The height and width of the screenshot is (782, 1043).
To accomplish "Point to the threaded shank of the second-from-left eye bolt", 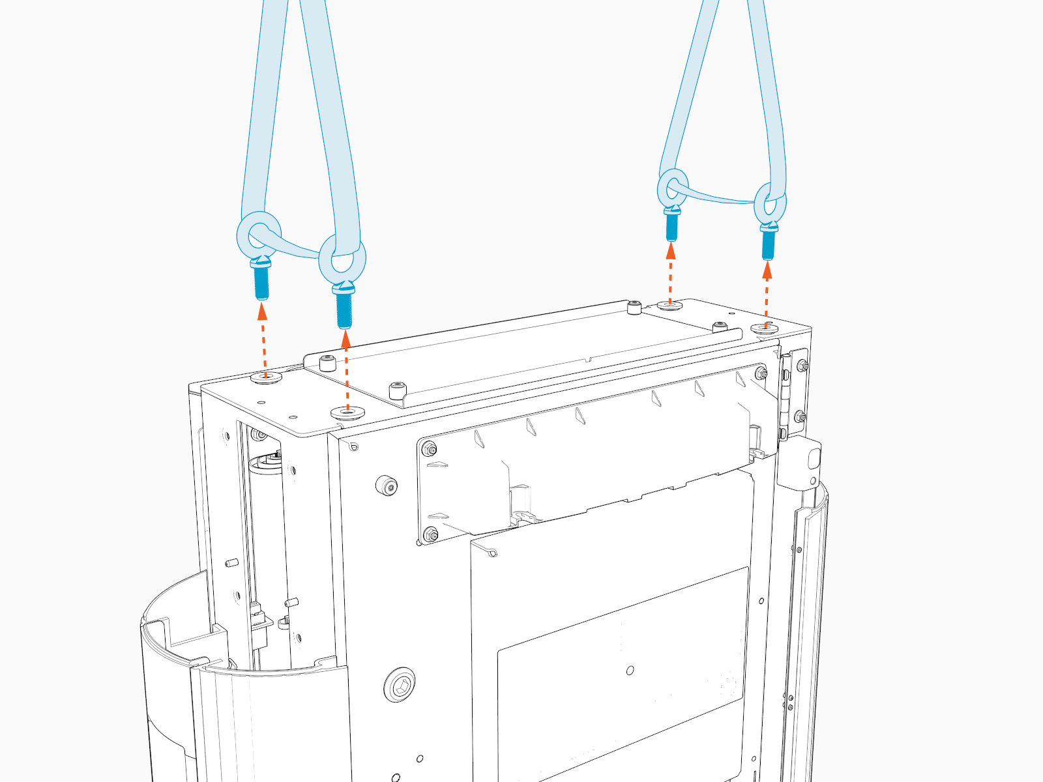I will click(344, 310).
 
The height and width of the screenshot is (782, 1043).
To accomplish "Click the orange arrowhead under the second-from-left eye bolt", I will click(345, 338).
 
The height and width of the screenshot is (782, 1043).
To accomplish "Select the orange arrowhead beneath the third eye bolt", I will click(671, 250).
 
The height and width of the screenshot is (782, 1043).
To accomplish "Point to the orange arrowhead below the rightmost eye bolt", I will click(767, 270).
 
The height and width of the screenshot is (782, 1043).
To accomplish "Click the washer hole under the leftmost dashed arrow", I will click(266, 377).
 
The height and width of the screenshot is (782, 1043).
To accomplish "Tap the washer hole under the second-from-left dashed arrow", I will click(347, 412).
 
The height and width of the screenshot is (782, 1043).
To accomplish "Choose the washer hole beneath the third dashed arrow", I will click(669, 304).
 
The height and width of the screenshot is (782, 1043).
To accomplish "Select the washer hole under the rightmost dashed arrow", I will click(765, 328).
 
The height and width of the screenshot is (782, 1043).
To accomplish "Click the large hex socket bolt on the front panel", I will click(400, 685).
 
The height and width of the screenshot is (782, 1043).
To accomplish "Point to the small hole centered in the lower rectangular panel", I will click(630, 670).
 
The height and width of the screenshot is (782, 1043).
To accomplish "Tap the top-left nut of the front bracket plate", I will click(430, 448).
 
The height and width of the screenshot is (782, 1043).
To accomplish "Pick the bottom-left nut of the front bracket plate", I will click(431, 535).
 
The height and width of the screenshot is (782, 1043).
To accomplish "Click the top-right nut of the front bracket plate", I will click(761, 373).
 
